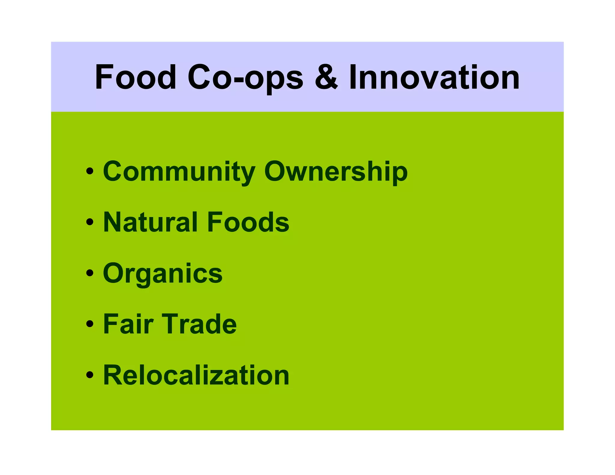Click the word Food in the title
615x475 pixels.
coord(135,77)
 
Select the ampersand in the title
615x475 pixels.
coord(326,77)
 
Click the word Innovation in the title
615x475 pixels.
coord(434,77)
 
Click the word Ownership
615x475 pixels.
coord(336,172)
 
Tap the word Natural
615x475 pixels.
coord(150,222)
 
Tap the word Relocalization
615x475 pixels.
coord(196,375)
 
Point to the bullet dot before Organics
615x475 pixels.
coord(89,273)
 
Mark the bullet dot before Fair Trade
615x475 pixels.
coord(89,324)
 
